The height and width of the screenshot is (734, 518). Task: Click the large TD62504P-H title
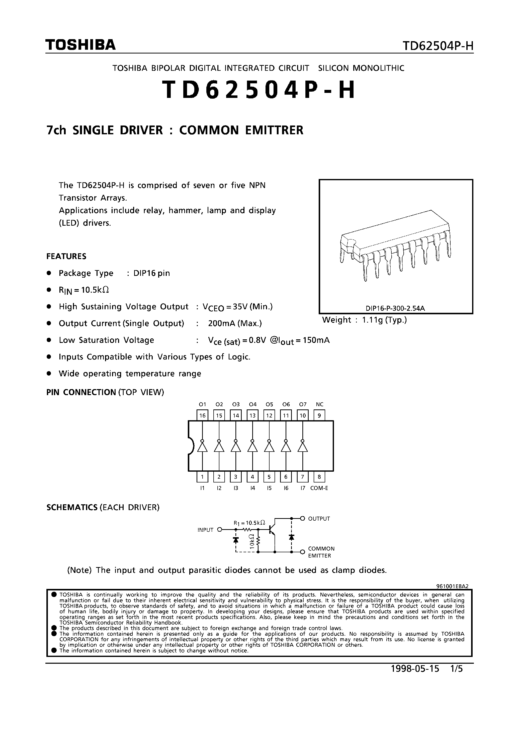(259, 90)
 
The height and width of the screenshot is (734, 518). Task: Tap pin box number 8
(319, 477)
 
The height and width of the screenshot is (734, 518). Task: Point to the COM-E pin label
(319, 488)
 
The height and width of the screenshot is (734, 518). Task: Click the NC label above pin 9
(319, 404)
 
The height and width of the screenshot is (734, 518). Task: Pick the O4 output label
(253, 404)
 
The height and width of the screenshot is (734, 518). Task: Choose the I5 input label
(269, 488)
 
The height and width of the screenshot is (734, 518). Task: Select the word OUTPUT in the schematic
(319, 519)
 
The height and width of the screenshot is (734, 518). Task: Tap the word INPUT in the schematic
(205, 530)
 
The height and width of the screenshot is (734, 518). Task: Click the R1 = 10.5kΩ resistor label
(249, 523)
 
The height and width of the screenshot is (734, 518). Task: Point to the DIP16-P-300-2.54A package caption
(395, 309)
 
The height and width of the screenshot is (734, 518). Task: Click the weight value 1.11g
(372, 320)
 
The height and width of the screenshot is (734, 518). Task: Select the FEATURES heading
(66, 256)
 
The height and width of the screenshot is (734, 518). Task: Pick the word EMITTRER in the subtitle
(273, 130)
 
